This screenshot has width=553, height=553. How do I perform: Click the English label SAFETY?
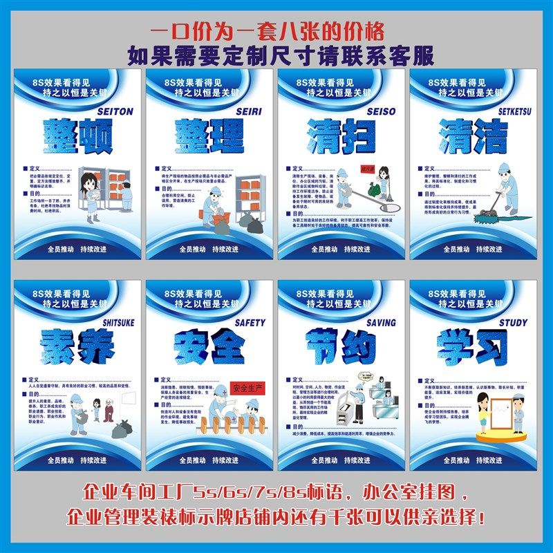point(250,322)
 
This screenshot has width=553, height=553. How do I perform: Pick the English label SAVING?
point(381,322)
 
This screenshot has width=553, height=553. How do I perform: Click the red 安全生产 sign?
point(247,387)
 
